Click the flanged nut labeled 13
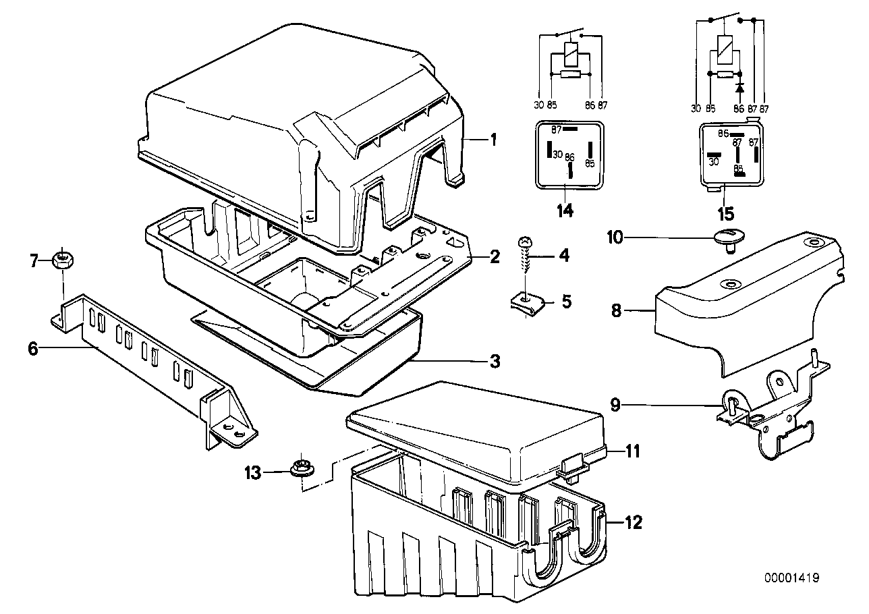pyautogui.click(x=302, y=469)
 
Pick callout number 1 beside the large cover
pyautogui.click(x=493, y=140)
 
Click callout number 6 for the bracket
pyautogui.click(x=33, y=349)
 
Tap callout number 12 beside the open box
pyautogui.click(x=634, y=522)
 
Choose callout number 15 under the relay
pyautogui.click(x=725, y=214)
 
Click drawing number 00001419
pyautogui.click(x=792, y=578)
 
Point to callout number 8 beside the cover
pyautogui.click(x=616, y=310)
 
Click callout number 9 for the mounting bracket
pyautogui.click(x=616, y=406)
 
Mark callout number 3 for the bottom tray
pyautogui.click(x=495, y=361)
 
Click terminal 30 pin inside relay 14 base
pyautogui.click(x=549, y=149)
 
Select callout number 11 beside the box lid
pyautogui.click(x=633, y=451)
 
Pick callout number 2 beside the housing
pyautogui.click(x=495, y=257)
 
